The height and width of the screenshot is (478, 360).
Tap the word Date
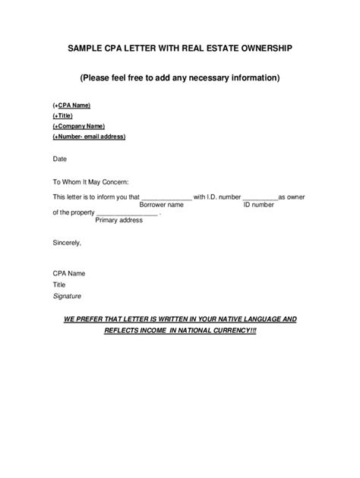[59, 159]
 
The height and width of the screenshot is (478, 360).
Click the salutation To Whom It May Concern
[90, 181]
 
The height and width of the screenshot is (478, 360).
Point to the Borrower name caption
[161, 205]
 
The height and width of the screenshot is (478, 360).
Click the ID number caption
[258, 205]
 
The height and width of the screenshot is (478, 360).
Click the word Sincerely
[66, 243]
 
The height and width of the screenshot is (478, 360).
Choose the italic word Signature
[66, 296]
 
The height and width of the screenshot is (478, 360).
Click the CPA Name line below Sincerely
[68, 272]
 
